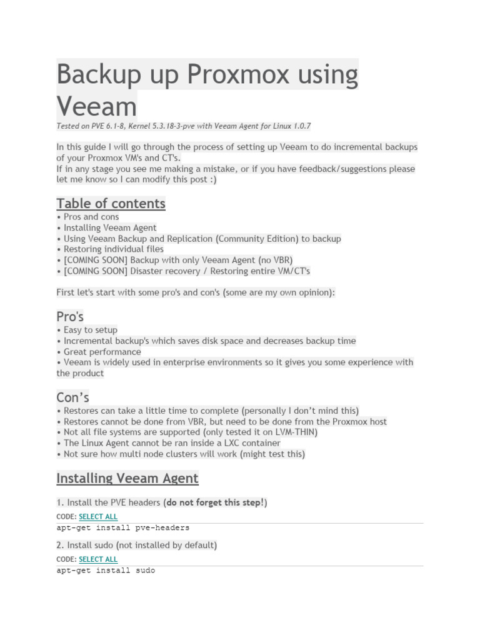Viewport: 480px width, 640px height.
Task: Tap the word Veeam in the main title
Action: click(x=96, y=106)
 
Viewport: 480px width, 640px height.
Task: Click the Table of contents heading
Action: click(x=111, y=204)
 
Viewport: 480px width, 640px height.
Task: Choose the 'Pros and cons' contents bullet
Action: click(x=91, y=217)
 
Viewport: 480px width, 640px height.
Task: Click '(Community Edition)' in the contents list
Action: click(x=246, y=238)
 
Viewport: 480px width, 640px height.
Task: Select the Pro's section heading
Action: click(x=70, y=316)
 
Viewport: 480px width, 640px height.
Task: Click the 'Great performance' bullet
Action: click(x=102, y=351)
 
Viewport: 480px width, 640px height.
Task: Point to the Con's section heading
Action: click(x=72, y=397)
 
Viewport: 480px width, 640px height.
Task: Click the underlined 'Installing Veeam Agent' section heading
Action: click(x=127, y=479)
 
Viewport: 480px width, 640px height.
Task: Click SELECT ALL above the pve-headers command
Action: click(x=98, y=517)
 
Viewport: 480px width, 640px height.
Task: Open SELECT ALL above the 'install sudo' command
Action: click(x=98, y=559)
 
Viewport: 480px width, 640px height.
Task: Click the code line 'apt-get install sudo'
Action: click(x=106, y=571)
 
